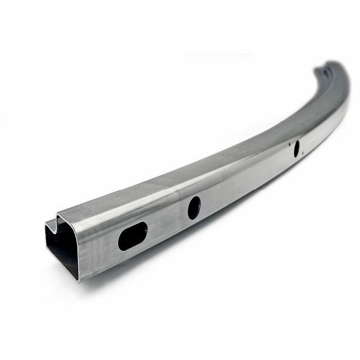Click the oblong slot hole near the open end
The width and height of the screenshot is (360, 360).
133,235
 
